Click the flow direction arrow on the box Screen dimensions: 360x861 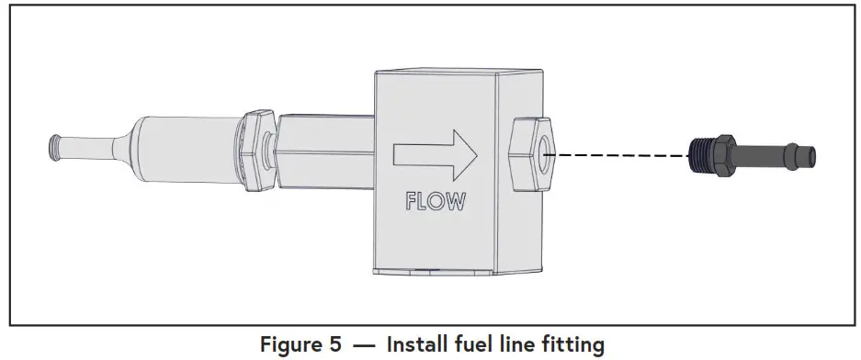coord(434,154)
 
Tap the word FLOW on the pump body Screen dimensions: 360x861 coord(435,201)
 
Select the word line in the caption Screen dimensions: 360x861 coord(526,345)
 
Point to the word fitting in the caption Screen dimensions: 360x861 coord(577,345)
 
